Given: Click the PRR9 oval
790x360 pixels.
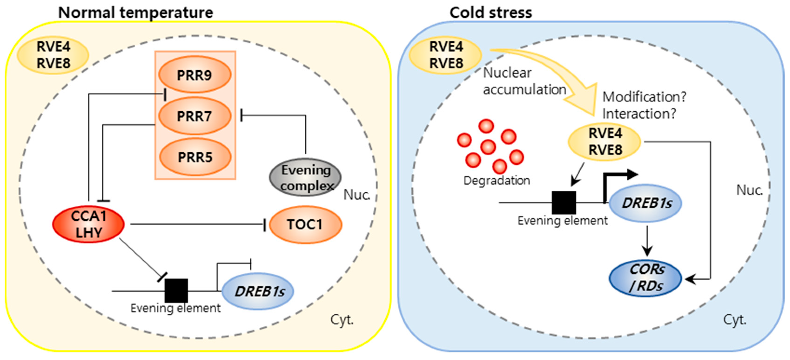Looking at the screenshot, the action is (x=195, y=74).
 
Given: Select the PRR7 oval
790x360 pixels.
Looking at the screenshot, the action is (x=195, y=116).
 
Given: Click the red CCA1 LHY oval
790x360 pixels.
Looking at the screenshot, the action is (x=88, y=224).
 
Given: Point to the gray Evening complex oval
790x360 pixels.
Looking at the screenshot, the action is (x=306, y=177).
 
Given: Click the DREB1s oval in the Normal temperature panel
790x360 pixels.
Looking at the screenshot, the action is (x=258, y=291).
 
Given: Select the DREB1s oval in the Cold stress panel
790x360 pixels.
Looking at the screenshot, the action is (x=645, y=203).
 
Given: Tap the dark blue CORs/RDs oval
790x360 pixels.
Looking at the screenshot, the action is (x=645, y=278).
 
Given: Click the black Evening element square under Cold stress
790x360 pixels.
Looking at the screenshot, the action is (x=564, y=202).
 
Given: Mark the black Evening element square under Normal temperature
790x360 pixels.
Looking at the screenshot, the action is (x=176, y=290).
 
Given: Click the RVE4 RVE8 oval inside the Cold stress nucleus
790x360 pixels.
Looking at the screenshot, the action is (x=605, y=142).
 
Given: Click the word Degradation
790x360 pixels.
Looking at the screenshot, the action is (x=497, y=181).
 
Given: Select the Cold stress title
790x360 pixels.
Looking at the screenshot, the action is (x=491, y=13).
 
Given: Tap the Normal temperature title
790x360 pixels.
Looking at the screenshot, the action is (x=136, y=13).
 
